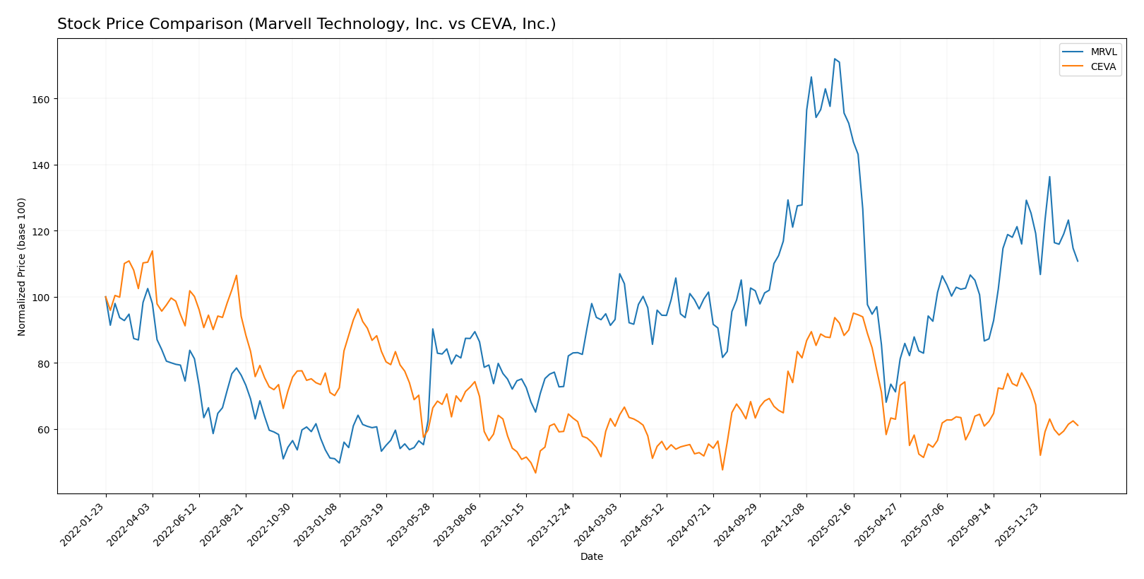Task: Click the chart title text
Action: [x=306, y=24]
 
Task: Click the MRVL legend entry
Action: [x=1103, y=52]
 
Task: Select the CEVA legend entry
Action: [x=1103, y=67]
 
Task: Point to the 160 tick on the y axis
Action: [x=41, y=99]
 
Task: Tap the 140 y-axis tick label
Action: [x=41, y=165]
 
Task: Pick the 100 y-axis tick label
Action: [x=41, y=298]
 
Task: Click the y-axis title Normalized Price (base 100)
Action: [x=22, y=267]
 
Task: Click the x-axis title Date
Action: [x=591, y=557]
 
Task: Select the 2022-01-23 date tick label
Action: [x=83, y=524]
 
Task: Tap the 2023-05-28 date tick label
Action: [x=410, y=524]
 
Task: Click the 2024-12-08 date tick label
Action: [x=783, y=524]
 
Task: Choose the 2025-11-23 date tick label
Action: [x=1017, y=524]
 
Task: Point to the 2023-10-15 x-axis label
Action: [x=503, y=524]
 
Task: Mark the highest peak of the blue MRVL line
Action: [x=834, y=59]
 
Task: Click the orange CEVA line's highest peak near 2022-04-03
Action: [x=152, y=251]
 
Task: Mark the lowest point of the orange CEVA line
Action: [x=535, y=472]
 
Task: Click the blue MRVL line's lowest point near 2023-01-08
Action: [x=339, y=463]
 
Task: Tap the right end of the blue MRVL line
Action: [x=1078, y=262]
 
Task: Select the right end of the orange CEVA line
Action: [x=1078, y=426]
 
